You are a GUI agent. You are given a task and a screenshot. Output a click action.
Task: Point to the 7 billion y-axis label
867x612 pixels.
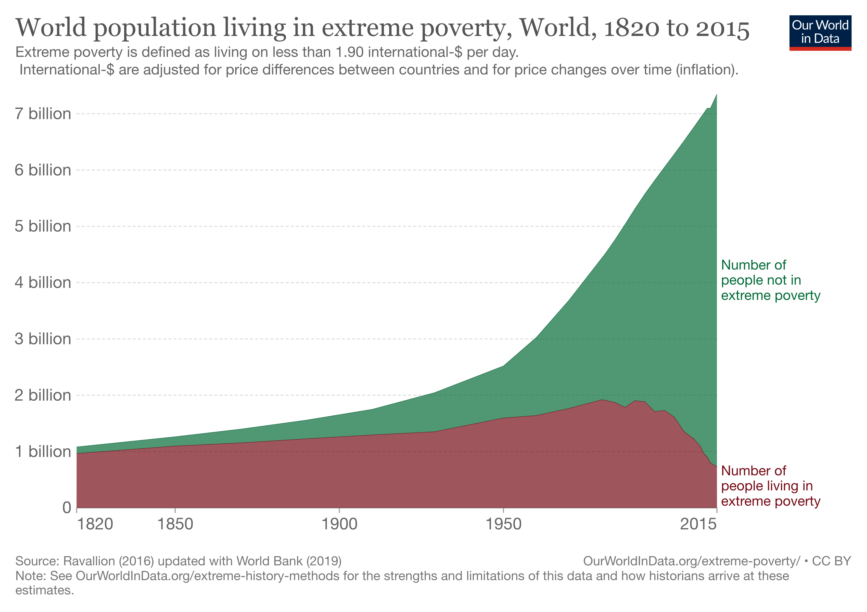point(43,114)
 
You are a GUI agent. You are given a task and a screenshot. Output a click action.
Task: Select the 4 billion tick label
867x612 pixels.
point(43,282)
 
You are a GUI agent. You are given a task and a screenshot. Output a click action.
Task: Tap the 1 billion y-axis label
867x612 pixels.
point(43,452)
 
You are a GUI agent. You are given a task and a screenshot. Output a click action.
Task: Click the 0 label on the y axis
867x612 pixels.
point(67,508)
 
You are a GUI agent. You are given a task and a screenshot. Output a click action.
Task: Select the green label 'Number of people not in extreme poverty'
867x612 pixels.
point(770,280)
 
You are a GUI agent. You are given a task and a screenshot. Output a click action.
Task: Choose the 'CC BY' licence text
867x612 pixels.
point(832,561)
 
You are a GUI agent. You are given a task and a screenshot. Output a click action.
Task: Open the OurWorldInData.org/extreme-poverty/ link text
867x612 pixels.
point(691,561)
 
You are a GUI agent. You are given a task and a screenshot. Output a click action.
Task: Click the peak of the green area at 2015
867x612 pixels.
point(716,94)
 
